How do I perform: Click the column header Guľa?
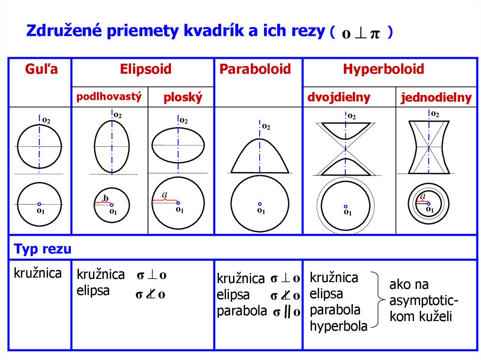pos(41,70)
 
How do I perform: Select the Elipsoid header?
pos(146,70)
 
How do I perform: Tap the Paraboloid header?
pos(255,70)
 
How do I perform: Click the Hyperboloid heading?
pos(383,70)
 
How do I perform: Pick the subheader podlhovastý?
pos(109,97)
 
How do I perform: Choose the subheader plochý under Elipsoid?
pos(183,98)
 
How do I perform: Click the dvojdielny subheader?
pos(339,98)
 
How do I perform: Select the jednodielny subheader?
pos(436,98)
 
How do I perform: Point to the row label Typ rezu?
pos(43,249)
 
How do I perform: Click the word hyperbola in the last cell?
pos(338,326)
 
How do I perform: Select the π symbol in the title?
pos(375,35)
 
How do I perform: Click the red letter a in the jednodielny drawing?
pos(423,196)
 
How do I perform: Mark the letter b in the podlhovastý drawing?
pos(106,199)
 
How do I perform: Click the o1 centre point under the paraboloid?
pos(260,204)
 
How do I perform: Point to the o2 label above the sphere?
pos(46,120)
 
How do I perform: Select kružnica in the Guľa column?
pos(38,273)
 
